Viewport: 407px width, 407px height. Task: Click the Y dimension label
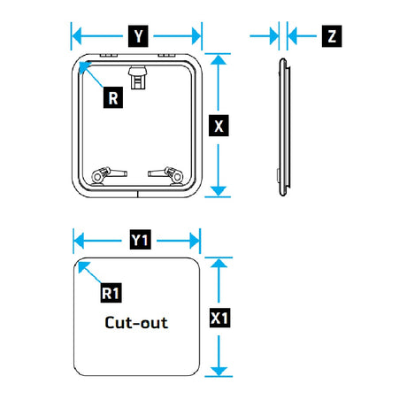(138, 36)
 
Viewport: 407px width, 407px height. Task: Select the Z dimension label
(332, 36)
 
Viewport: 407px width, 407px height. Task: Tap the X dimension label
(219, 126)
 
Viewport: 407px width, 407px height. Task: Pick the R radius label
(113, 97)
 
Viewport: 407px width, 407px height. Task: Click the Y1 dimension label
(141, 240)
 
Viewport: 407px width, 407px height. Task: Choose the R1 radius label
(111, 293)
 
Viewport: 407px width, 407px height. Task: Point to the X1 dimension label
(219, 318)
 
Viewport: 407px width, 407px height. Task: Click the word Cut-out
(136, 322)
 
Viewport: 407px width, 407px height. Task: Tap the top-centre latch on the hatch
(137, 77)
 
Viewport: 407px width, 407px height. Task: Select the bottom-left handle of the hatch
(109, 175)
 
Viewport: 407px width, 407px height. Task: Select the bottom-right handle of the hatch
(165, 175)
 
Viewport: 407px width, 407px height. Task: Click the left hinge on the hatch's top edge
(109, 55)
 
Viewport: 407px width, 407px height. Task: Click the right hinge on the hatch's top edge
(167, 55)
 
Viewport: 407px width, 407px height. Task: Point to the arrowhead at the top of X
(219, 59)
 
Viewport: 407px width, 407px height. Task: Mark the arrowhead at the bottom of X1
(219, 371)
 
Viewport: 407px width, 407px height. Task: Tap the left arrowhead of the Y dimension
(77, 36)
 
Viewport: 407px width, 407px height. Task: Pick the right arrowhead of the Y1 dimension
(195, 241)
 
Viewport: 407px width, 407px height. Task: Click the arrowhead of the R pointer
(84, 67)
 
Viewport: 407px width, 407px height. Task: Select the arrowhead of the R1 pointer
(82, 267)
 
